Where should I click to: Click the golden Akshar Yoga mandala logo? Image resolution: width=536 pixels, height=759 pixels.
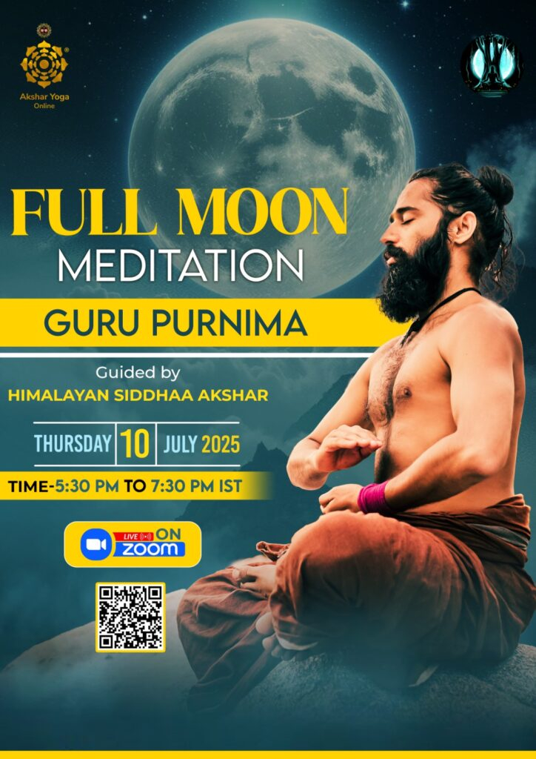[44, 63]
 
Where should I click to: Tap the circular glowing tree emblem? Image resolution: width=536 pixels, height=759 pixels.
[492, 66]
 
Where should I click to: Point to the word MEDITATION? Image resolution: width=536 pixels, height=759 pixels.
[181, 265]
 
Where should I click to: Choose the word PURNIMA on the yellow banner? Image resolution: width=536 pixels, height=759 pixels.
[229, 323]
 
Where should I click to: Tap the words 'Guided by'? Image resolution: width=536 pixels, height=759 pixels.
[138, 374]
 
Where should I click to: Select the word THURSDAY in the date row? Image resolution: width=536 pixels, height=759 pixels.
[73, 444]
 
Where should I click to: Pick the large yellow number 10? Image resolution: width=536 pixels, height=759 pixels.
[135, 444]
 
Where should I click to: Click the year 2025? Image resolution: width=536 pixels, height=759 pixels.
[221, 444]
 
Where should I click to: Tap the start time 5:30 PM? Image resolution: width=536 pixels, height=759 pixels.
[87, 486]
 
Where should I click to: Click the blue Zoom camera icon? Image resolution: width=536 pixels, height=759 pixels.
[96, 545]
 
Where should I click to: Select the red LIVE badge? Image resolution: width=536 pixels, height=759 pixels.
[133, 537]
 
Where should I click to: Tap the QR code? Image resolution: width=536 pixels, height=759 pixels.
[130, 617]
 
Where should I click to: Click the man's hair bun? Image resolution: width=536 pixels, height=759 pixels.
[495, 185]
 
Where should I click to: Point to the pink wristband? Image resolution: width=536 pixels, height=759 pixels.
[374, 497]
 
